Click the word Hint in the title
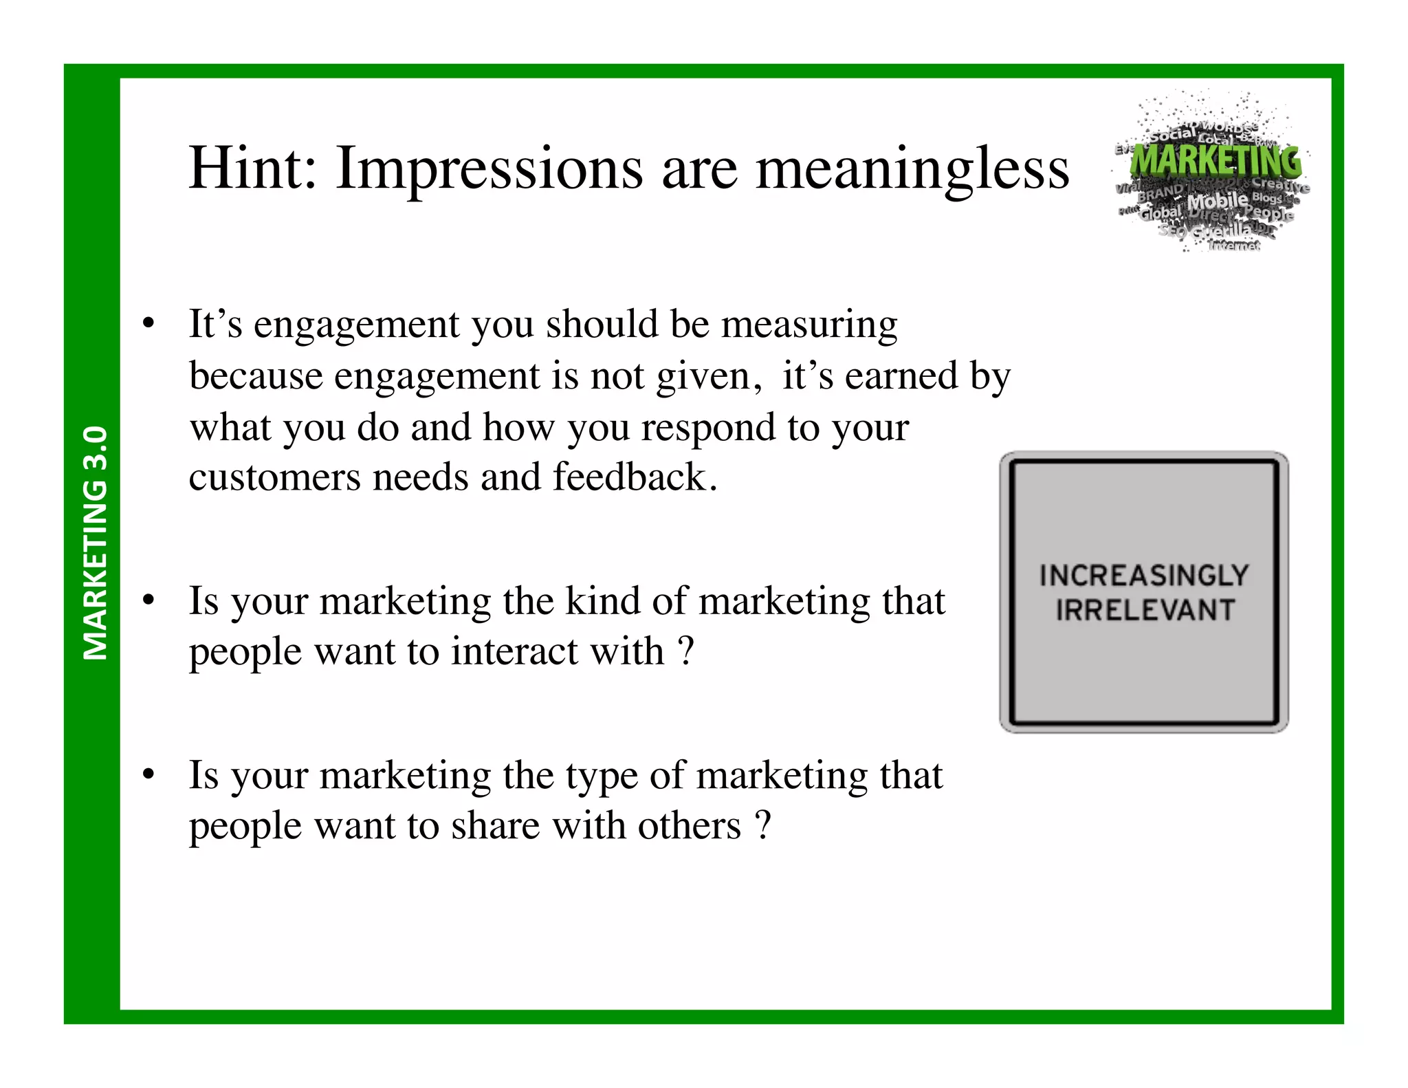coord(252,168)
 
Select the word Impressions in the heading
coord(489,170)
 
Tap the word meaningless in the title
coord(912,170)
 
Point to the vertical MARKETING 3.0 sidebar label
coord(95,543)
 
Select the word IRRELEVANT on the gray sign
coord(1145,610)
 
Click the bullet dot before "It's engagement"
coord(148,323)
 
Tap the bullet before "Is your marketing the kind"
coord(148,600)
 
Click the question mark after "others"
coord(762,825)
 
